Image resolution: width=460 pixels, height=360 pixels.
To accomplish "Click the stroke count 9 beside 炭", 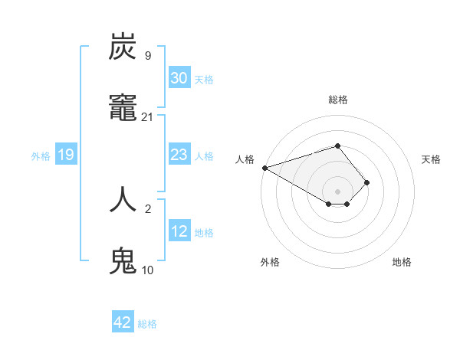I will coord(147,55).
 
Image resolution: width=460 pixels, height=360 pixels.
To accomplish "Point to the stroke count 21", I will coord(148,117).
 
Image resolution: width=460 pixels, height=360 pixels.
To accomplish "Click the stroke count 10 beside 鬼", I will coord(148,270).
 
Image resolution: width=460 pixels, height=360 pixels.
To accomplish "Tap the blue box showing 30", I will coord(179,78).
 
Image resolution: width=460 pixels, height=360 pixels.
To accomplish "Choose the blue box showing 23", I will coord(179,155).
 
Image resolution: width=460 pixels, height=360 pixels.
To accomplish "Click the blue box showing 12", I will coord(179,231).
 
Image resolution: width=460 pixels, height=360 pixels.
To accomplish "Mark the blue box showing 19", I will coord(66,155).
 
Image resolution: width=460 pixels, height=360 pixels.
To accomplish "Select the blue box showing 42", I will coord(123,323).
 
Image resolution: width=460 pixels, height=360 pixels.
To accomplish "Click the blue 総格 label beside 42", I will coord(147,324).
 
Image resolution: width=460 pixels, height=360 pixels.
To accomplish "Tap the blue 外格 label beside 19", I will coord(41,156).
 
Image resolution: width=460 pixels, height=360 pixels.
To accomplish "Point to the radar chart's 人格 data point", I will coord(264,168).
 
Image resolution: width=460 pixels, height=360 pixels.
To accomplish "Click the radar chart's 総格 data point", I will coord(337,146).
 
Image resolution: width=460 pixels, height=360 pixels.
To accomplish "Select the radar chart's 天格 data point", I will coord(367,182).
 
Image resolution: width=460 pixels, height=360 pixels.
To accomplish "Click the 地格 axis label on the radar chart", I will coord(402,262).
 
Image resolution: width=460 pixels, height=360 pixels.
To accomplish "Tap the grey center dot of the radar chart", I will coord(337,191).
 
